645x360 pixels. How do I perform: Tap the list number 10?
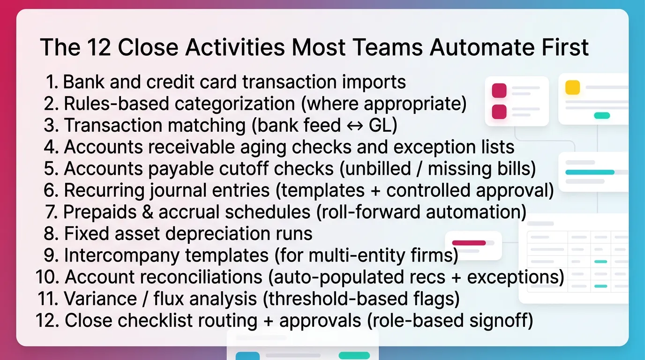click(47, 277)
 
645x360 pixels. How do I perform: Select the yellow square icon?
click(572, 88)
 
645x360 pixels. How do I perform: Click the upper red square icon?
click(499, 90)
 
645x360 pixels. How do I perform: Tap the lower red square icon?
click(499, 112)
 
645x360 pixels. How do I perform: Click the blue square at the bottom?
click(247, 356)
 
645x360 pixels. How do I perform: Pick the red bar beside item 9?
click(469, 243)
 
